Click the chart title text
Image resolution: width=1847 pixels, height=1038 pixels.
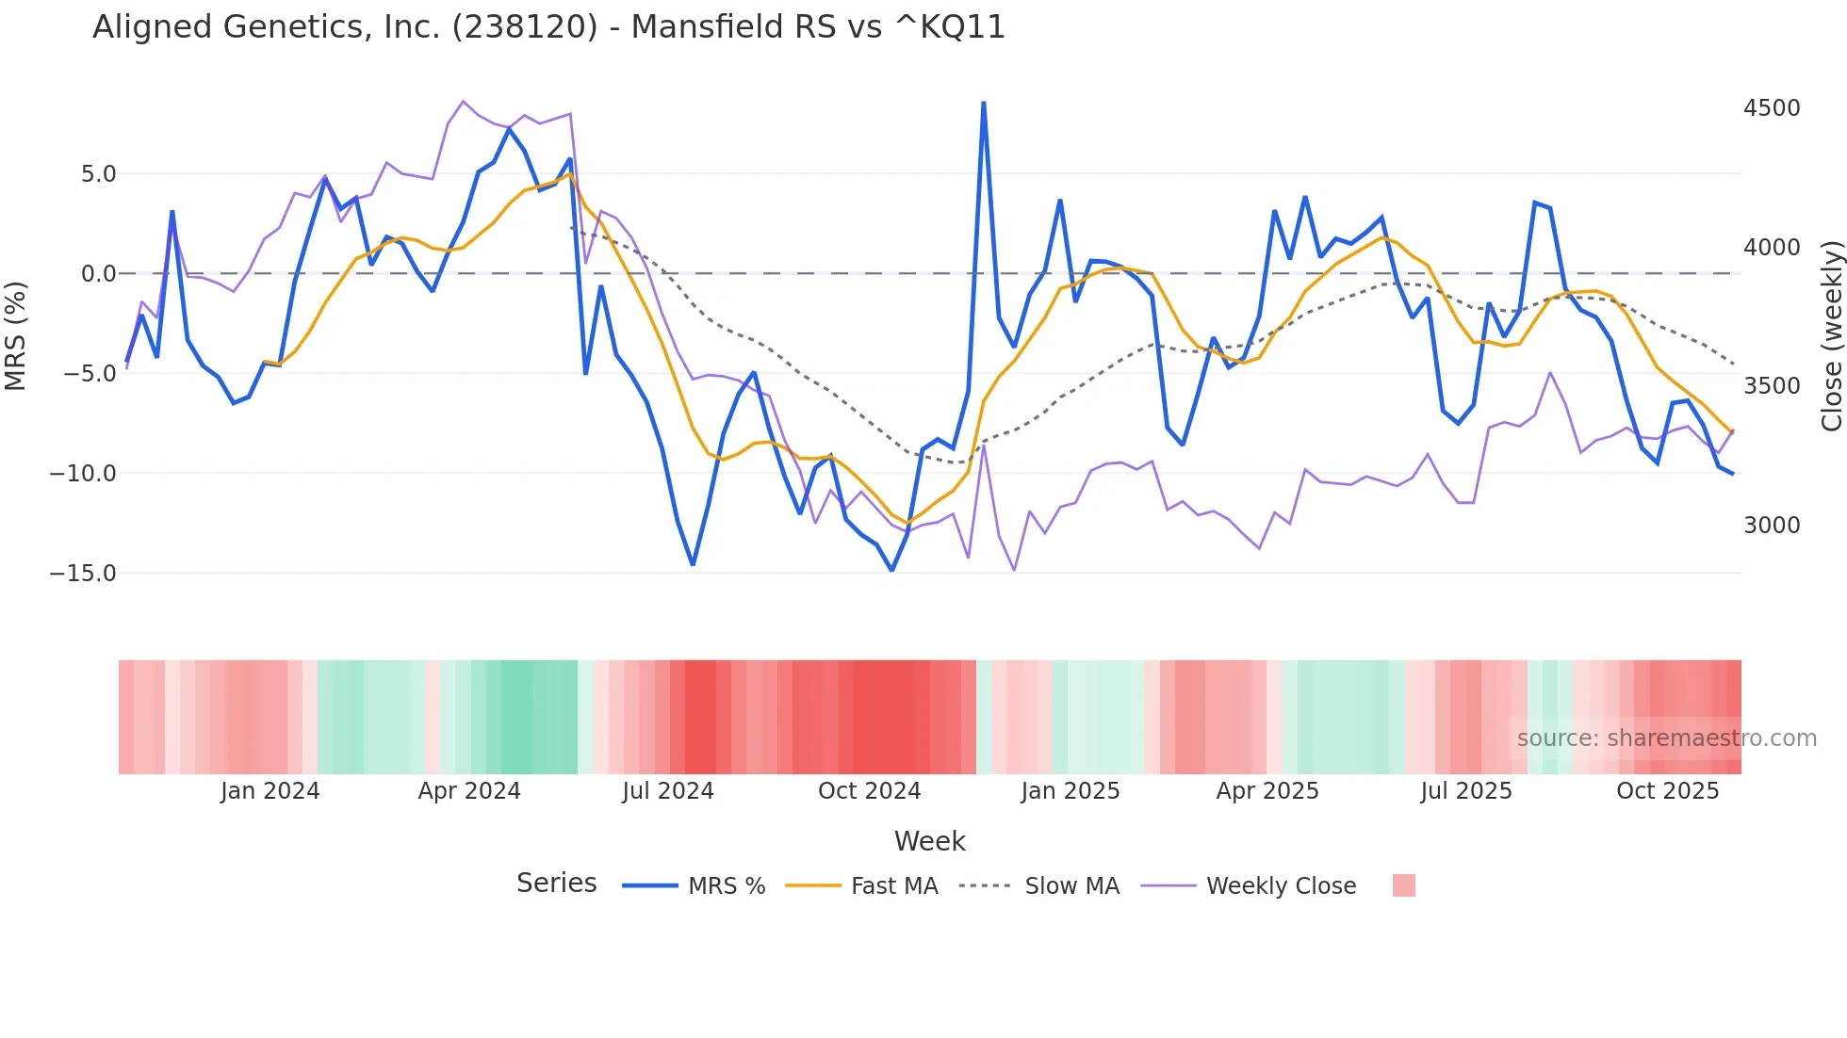pyautogui.click(x=548, y=27)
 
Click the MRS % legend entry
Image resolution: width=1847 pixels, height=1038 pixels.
pyautogui.click(x=726, y=886)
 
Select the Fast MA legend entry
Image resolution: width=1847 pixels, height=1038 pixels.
pyautogui.click(x=893, y=886)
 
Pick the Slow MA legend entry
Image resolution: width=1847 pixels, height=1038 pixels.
pyautogui.click(x=1071, y=886)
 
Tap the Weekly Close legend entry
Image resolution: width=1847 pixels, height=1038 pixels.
pyautogui.click(x=1281, y=886)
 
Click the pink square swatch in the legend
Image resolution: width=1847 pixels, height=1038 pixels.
pyautogui.click(x=1403, y=885)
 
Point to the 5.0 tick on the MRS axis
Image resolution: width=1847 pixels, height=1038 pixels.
pyautogui.click(x=98, y=174)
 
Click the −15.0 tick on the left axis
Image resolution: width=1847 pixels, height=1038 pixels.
pyautogui.click(x=83, y=574)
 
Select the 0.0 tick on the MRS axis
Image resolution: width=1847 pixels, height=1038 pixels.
pyautogui.click(x=98, y=274)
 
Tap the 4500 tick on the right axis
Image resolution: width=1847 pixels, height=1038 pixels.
pyautogui.click(x=1772, y=108)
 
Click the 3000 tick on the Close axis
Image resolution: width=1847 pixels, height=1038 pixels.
pyautogui.click(x=1772, y=526)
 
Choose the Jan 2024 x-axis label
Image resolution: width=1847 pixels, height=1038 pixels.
pyautogui.click(x=270, y=791)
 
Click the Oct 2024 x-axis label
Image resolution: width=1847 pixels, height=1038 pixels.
pyautogui.click(x=869, y=791)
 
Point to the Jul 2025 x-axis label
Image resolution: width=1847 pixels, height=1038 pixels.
pyautogui.click(x=1466, y=791)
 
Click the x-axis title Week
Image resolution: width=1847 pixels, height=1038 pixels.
pyautogui.click(x=929, y=841)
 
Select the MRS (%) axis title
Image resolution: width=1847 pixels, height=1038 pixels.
pyautogui.click(x=16, y=335)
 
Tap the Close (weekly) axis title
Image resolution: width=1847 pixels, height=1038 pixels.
pyautogui.click(x=1831, y=335)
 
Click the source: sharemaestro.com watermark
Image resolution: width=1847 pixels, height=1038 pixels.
pyautogui.click(x=1666, y=738)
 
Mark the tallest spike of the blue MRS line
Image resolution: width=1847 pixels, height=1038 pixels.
pyautogui.click(x=984, y=103)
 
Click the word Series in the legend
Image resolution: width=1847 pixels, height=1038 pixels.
pyautogui.click(x=556, y=884)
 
